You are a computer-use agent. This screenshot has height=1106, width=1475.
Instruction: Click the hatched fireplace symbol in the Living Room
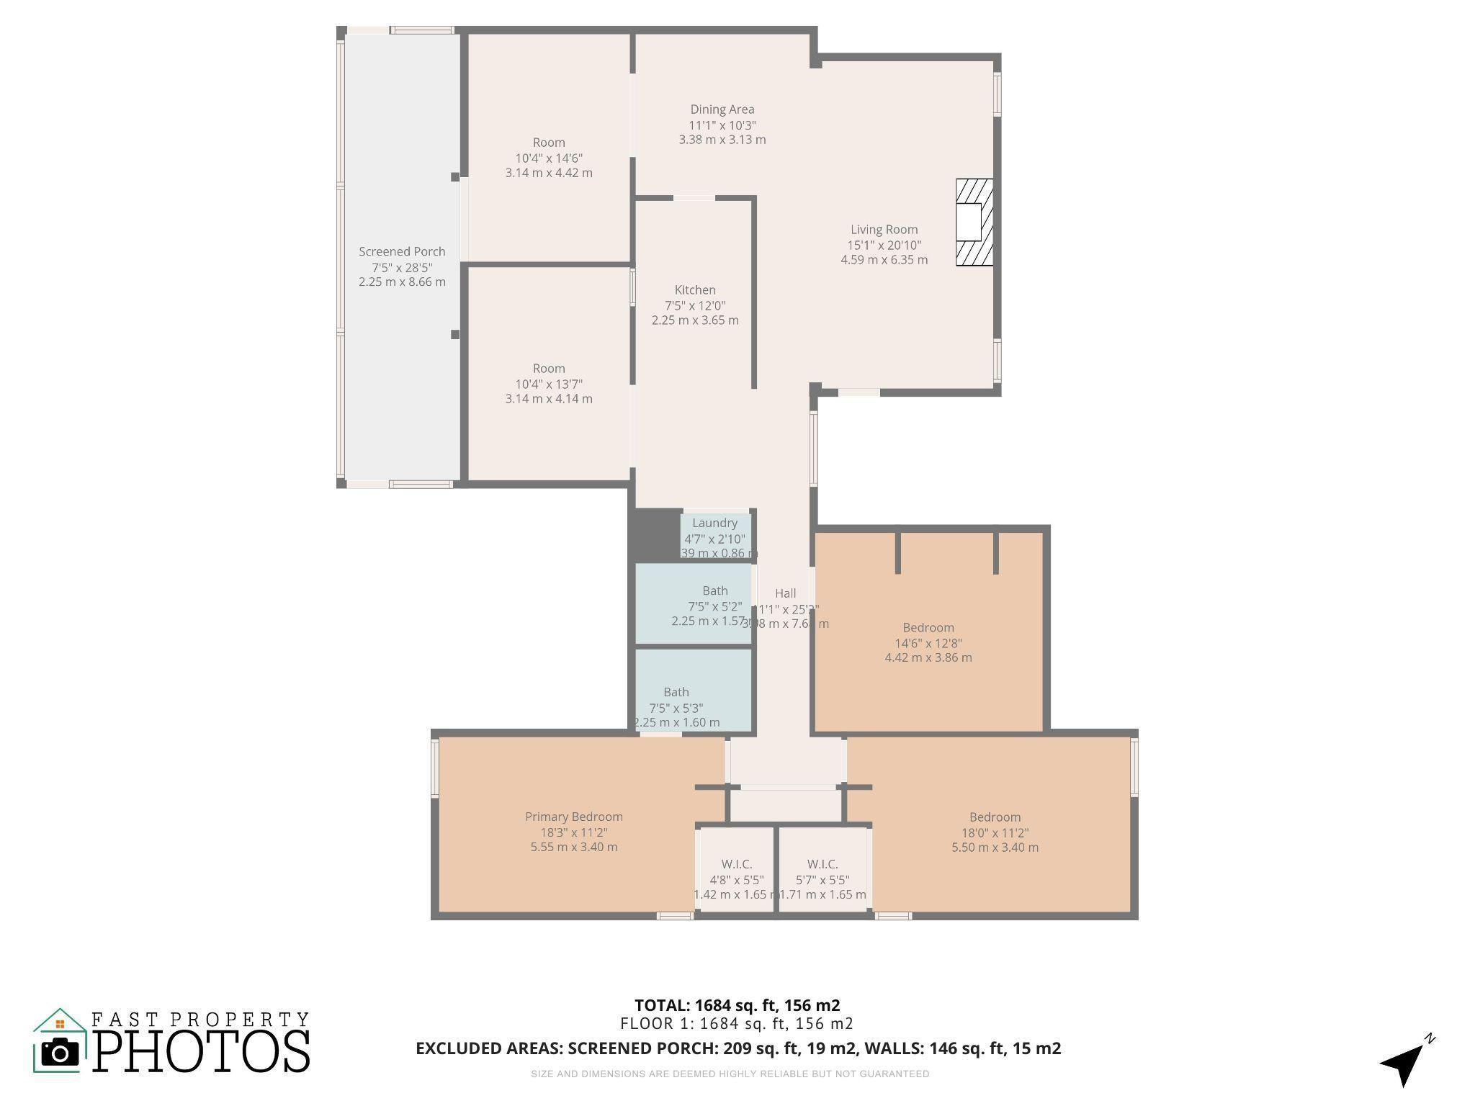974,222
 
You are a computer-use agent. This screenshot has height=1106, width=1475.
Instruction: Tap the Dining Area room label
722,109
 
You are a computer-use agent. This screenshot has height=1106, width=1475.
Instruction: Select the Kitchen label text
695,290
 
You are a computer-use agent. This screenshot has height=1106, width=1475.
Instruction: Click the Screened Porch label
402,252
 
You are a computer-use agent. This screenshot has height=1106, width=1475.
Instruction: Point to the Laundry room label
714,523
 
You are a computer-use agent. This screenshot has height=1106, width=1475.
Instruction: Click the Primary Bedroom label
573,817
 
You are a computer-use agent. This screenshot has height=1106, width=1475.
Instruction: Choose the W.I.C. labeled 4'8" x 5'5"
736,865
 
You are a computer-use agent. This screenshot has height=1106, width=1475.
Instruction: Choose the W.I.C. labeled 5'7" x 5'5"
822,865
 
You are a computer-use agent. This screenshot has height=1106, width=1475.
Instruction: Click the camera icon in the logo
60,1053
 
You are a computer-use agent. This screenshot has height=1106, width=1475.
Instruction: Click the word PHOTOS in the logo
202,1051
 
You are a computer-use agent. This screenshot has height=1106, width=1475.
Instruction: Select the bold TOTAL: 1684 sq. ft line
737,1005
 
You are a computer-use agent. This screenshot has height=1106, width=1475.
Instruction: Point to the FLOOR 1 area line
737,1024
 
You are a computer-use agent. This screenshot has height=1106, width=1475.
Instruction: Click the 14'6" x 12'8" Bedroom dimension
928,643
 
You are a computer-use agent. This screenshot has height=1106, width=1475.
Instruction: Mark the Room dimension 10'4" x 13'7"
549,385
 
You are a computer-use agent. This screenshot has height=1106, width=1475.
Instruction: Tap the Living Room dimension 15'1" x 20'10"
884,246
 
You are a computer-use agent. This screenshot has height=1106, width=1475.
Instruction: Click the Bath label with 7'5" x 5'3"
676,693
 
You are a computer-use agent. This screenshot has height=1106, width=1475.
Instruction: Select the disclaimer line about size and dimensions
730,1074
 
